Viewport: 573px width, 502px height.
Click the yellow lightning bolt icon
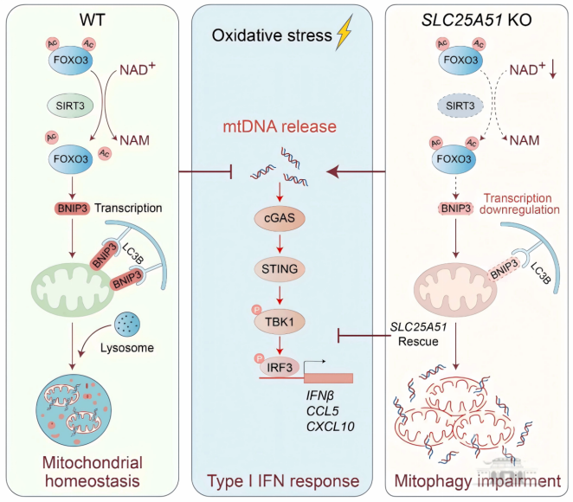[x=344, y=32]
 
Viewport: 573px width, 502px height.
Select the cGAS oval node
[x=280, y=218]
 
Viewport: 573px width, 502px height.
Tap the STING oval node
[x=280, y=269]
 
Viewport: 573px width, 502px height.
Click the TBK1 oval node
[x=280, y=322]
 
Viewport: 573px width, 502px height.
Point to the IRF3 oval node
[x=280, y=367]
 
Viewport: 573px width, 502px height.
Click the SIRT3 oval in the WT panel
[x=70, y=106]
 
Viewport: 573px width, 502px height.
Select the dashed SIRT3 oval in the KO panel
[x=460, y=106]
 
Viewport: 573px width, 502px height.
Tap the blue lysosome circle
[x=127, y=325]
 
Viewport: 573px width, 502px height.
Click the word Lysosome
[x=127, y=348]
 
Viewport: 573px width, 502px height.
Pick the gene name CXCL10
[x=331, y=427]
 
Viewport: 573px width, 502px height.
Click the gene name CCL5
[x=323, y=411]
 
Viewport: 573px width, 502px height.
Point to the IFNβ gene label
[x=320, y=396]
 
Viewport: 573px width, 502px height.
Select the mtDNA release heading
[x=280, y=126]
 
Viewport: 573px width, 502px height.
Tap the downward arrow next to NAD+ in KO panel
[x=553, y=69]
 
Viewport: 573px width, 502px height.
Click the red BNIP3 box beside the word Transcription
[x=73, y=209]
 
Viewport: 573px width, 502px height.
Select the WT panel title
[x=92, y=20]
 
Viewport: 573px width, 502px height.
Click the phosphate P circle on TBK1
[x=257, y=310]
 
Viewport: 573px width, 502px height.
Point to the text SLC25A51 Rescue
[x=418, y=334]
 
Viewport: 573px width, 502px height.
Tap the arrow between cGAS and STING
[x=280, y=244]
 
